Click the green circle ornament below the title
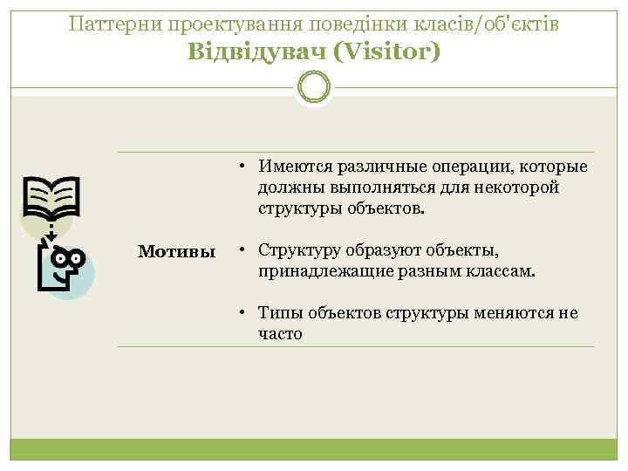(314, 87)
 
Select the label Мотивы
(177, 252)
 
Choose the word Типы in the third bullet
(278, 313)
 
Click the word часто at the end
(280, 333)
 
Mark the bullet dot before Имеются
(248, 167)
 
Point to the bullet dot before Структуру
(248, 251)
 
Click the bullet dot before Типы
(248, 313)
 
